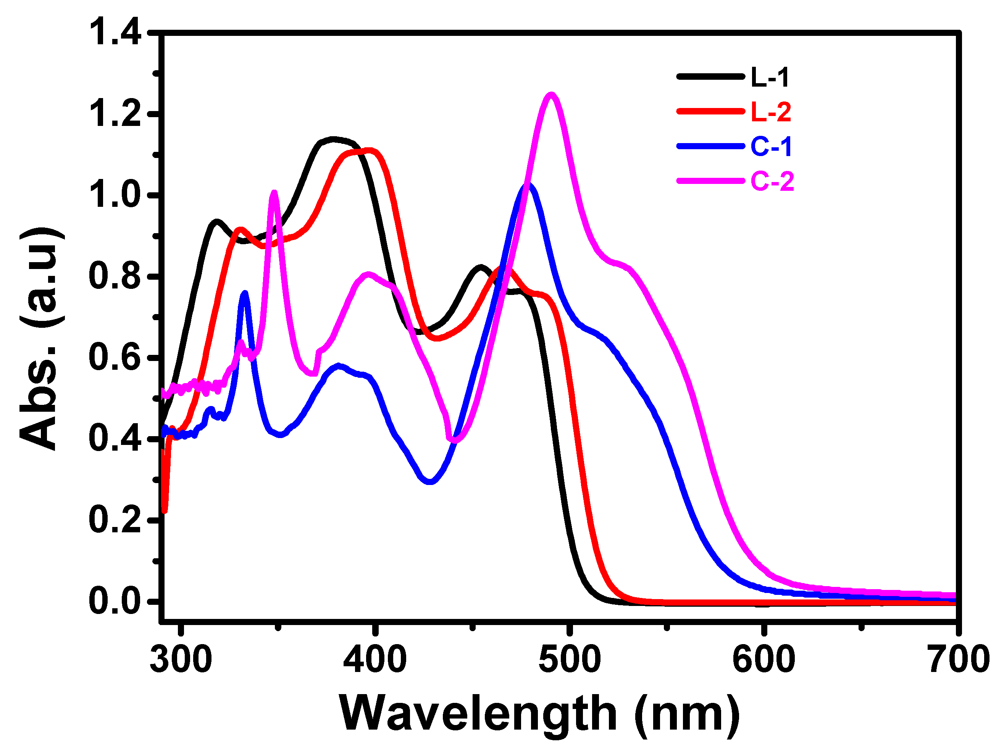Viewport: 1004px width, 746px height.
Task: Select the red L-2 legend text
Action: [x=771, y=112]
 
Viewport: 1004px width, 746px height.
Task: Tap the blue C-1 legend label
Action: [x=771, y=147]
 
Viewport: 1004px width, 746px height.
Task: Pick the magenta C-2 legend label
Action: [x=772, y=182]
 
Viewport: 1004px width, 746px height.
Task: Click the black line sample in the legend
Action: [x=710, y=77]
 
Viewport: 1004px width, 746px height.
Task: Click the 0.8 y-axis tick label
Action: [x=116, y=276]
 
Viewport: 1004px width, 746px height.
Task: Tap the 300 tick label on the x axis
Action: [x=181, y=660]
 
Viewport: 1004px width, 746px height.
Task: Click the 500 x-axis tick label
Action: [x=570, y=660]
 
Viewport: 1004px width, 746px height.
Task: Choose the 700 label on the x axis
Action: [x=959, y=660]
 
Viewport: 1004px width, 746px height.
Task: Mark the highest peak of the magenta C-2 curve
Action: [x=551, y=94]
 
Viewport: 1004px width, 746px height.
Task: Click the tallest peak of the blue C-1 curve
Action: [x=528, y=185]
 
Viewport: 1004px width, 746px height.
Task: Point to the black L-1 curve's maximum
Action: [x=333, y=139]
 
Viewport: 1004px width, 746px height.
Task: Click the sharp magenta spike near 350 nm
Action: [x=274, y=192]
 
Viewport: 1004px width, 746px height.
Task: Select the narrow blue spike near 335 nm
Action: [x=245, y=293]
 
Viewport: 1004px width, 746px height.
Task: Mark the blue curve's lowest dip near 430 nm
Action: [x=430, y=482]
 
